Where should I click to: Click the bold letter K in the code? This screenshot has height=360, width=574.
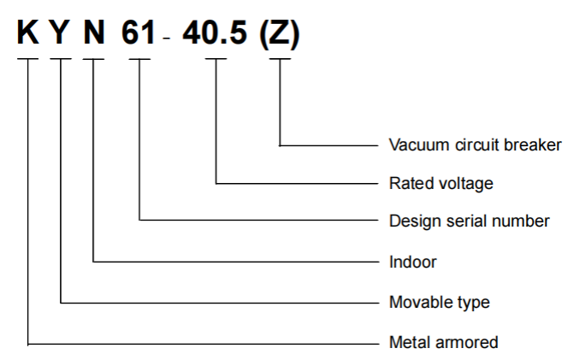tap(28, 32)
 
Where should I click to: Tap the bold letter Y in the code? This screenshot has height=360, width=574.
tap(60, 32)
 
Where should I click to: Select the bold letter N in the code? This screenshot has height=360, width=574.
tap(94, 32)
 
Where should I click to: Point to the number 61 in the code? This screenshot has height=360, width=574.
tap(139, 32)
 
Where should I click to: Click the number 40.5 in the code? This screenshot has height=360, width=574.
tap(215, 32)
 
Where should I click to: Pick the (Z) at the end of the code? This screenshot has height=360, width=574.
tap(280, 34)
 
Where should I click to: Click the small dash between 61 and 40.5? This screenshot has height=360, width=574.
tap(167, 38)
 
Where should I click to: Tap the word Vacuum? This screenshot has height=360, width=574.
tap(419, 145)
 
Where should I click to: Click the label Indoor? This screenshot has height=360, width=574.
tap(413, 262)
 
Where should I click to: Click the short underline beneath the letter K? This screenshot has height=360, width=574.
tap(28, 58)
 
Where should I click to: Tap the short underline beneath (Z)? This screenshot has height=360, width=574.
tap(280, 58)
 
